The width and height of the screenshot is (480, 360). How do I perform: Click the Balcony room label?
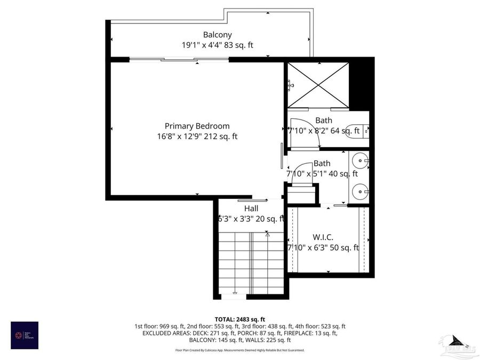point(217,35)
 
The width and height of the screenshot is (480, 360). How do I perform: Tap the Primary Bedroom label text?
point(197,126)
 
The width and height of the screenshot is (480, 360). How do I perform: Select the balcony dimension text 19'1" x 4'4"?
point(201,45)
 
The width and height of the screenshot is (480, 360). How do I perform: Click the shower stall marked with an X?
point(318,85)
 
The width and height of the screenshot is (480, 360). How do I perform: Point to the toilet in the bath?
point(355,131)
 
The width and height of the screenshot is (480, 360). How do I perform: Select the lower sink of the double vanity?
point(361,190)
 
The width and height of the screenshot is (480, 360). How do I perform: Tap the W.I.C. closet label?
point(323,237)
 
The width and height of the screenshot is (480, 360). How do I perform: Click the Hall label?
point(251,208)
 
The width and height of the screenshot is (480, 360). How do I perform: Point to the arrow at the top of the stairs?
point(267,234)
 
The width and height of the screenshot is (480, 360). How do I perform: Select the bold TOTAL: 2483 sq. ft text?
point(239,318)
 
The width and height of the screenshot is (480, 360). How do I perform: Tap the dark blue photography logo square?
point(25,335)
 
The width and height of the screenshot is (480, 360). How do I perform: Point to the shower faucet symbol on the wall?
point(290,84)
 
